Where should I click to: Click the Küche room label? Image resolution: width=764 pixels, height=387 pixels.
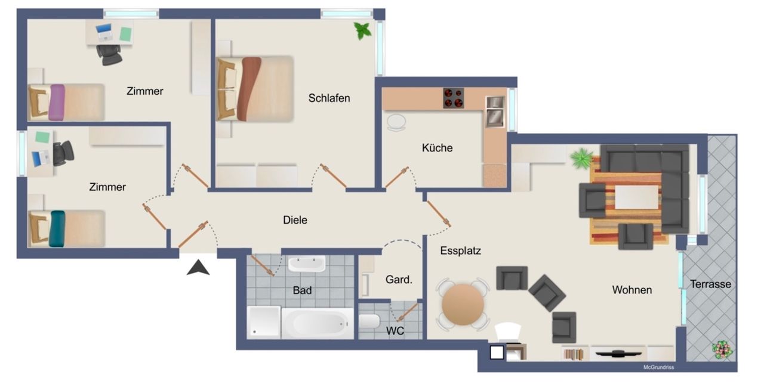437,148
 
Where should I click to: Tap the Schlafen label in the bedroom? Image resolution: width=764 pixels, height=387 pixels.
329,98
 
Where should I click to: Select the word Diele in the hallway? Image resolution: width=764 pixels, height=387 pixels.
295,220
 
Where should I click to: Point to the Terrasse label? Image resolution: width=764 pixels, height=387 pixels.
710,284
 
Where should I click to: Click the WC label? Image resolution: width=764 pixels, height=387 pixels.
395,331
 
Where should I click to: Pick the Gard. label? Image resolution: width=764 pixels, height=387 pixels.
399,280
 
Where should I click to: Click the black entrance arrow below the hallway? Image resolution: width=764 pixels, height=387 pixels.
198,267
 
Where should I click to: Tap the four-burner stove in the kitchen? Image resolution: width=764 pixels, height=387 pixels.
453,98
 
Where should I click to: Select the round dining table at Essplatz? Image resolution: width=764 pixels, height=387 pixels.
463,305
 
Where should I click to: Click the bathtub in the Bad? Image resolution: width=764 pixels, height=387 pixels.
317,323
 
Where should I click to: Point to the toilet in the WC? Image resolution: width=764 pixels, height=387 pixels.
369,321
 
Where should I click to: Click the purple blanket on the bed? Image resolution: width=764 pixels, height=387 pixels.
57,102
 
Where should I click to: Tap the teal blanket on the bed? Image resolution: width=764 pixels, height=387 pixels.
57,228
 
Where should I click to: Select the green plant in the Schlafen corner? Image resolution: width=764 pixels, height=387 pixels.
362,30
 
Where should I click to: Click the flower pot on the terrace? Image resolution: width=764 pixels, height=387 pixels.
722,350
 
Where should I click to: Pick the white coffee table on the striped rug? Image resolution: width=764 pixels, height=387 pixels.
636,197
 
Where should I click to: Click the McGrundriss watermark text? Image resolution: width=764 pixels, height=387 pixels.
658,367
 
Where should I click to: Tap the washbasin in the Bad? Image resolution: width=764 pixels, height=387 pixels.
307,264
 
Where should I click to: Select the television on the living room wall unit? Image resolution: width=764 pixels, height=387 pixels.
618,354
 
